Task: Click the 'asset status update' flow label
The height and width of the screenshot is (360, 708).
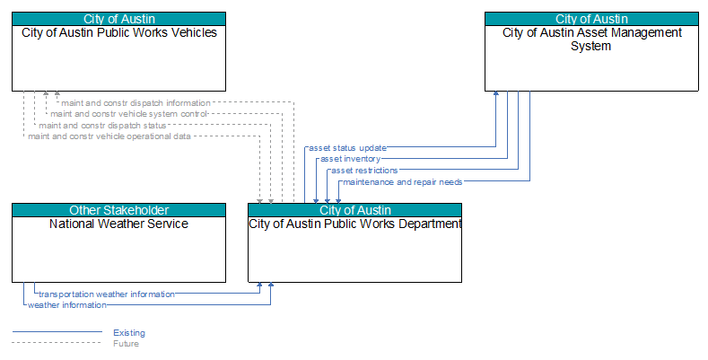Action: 347,148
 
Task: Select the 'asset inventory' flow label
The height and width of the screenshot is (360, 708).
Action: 350,159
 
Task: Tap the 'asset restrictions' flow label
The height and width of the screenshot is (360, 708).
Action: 364,171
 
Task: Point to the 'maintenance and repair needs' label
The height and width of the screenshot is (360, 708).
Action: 403,182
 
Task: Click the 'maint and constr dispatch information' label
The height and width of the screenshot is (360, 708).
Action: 135,103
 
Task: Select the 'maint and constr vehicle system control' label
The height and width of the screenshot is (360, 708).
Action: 128,114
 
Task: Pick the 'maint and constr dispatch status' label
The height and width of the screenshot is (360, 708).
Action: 102,125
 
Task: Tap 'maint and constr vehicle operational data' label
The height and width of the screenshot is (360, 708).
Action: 109,136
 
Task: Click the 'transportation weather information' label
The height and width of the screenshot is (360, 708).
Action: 107,294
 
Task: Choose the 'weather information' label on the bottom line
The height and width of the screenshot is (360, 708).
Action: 67,305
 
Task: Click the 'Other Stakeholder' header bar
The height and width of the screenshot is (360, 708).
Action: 118,210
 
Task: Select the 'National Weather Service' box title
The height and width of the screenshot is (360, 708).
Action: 118,224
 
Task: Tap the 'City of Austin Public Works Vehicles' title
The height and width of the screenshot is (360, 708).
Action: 119,32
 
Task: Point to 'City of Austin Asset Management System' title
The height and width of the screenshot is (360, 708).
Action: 592,40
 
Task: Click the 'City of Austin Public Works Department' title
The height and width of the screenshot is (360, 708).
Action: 355,224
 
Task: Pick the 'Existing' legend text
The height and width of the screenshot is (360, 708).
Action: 129,333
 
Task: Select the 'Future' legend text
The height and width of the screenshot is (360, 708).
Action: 126,344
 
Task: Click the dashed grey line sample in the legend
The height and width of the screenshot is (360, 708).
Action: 57,342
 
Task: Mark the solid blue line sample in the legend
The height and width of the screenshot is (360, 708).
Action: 57,332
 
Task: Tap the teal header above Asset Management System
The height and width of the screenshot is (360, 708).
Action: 591,19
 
